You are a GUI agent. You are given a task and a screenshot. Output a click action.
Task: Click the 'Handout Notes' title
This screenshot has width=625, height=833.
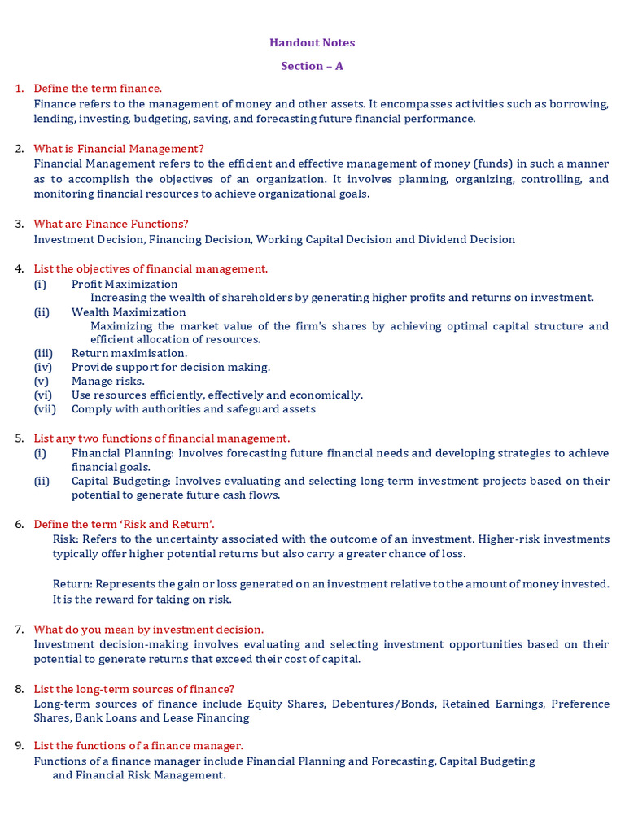[x=312, y=43]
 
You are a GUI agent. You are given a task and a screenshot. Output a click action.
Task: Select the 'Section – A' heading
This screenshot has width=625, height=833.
[x=312, y=66]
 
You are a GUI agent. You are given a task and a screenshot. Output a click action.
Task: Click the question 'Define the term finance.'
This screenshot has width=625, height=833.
[x=98, y=89]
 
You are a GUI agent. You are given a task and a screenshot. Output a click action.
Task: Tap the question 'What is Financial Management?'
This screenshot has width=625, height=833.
[x=119, y=149]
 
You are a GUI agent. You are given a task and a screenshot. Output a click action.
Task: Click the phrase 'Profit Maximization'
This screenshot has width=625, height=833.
[x=125, y=284]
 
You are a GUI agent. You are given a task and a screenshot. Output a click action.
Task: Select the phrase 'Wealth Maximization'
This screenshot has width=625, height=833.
[x=129, y=312]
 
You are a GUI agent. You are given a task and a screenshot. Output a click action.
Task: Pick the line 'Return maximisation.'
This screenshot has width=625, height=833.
[x=129, y=354]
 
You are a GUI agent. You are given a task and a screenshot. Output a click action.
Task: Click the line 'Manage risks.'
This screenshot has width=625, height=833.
[x=108, y=382]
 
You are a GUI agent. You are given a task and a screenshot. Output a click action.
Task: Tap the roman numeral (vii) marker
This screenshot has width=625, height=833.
[x=44, y=409]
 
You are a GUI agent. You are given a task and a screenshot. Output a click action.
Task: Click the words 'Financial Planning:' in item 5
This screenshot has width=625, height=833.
[x=123, y=453]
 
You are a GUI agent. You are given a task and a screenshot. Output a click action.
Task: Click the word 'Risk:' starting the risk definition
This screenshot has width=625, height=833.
[x=67, y=539]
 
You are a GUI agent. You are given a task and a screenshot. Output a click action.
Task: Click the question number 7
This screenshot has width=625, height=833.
[x=20, y=630]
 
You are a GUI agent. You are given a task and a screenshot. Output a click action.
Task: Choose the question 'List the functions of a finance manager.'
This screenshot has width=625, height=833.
[x=138, y=746]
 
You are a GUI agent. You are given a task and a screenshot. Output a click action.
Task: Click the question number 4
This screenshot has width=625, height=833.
[x=20, y=269]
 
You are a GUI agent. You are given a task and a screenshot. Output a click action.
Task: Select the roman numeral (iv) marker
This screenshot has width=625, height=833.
[x=42, y=368]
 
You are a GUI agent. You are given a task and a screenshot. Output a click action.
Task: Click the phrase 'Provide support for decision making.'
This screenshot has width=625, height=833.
[x=171, y=368]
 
